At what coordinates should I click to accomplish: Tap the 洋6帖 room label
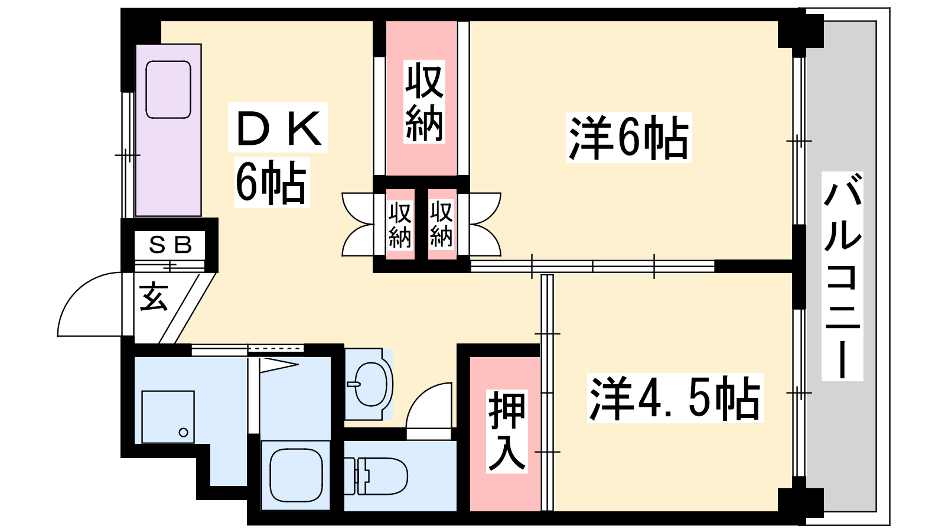coord(629,138)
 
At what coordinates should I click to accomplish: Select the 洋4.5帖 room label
coord(675,398)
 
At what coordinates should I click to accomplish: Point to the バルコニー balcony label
coord(842,276)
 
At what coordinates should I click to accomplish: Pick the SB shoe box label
coord(171,245)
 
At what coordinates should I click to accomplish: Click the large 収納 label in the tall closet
coord(424,101)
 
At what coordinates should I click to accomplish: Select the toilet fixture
coord(376,475)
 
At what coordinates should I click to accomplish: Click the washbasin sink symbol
coord(369,384)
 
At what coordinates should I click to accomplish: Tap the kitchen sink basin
coord(168,89)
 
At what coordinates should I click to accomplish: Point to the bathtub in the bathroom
coord(296,475)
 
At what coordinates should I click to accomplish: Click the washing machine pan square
coord(168,417)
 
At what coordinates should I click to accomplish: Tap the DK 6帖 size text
coord(271,183)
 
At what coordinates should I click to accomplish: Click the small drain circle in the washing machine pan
coord(183,432)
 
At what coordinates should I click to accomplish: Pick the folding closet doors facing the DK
coord(358,224)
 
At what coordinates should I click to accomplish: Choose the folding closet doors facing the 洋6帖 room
coord(485,224)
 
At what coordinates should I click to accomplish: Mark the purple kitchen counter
coord(168,130)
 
